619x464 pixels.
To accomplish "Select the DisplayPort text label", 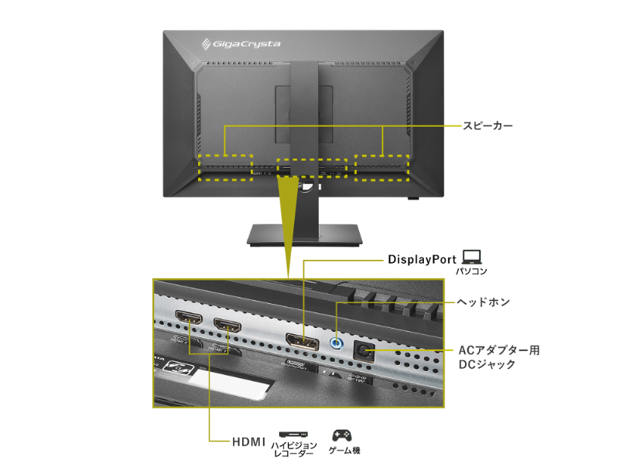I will tap(422, 260).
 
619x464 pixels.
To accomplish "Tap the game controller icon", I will tap(343, 435).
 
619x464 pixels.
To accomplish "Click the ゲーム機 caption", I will tap(344, 450).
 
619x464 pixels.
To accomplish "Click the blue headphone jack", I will tap(337, 342).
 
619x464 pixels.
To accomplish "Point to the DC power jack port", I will tap(364, 350).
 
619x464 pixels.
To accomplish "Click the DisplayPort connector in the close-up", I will tap(303, 341).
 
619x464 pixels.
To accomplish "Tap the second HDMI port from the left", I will tap(227, 327).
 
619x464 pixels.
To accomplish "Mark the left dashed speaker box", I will tap(224, 167).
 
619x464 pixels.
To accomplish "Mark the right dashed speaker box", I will tap(381, 167).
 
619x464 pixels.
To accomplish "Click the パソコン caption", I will tap(471, 272).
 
